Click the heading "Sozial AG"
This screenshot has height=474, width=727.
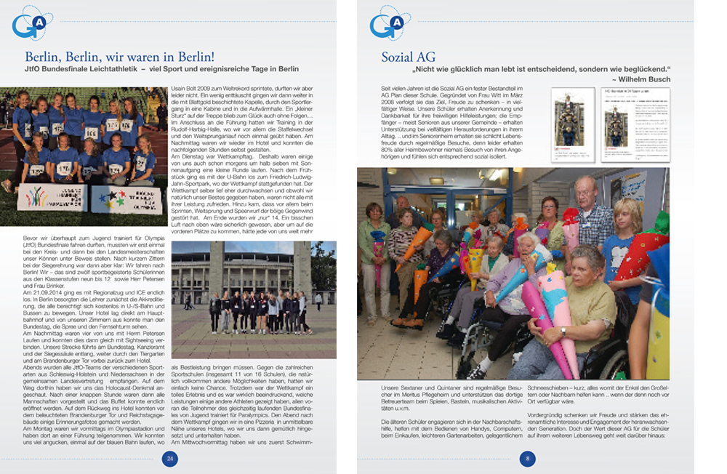coord(408,57)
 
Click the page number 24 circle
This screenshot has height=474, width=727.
coord(169,459)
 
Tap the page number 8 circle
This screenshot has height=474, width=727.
coord(527,459)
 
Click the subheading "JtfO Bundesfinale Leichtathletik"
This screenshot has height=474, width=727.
coord(97,69)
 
